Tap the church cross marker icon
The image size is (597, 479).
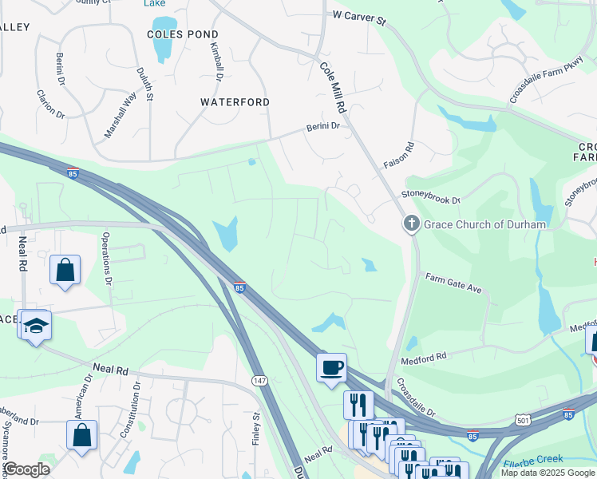click(411, 224)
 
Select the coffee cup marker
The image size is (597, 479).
click(331, 368)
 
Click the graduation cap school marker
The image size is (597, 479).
click(34, 325)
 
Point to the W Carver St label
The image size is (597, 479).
click(359, 16)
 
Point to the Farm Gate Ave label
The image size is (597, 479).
click(453, 283)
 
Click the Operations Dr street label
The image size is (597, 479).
click(107, 259)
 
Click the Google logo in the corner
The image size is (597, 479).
click(26, 469)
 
